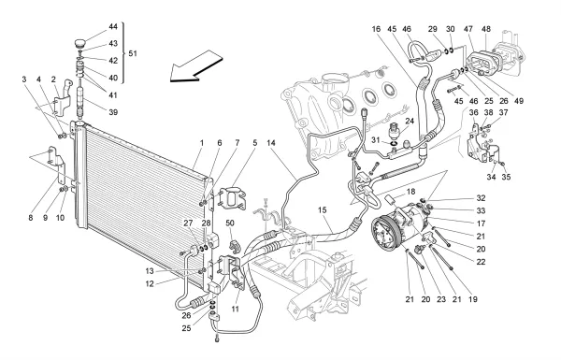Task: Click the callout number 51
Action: tap(133, 53)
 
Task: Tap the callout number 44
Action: tap(113, 27)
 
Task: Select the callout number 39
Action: tap(113, 112)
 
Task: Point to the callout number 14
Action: tap(271, 143)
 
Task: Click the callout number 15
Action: tap(323, 210)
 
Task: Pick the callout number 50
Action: tap(230, 223)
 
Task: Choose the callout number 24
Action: tap(410, 122)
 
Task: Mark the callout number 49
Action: tap(518, 101)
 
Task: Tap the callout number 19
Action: tap(473, 299)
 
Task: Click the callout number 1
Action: tap(202, 143)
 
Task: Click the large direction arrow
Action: tap(196, 66)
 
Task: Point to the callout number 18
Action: tap(410, 192)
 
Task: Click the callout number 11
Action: tap(235, 309)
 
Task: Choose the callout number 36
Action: tap(474, 113)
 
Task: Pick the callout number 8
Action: tap(31, 218)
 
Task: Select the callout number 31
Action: tap(375, 140)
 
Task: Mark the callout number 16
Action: tap(376, 29)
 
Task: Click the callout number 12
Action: tap(150, 283)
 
